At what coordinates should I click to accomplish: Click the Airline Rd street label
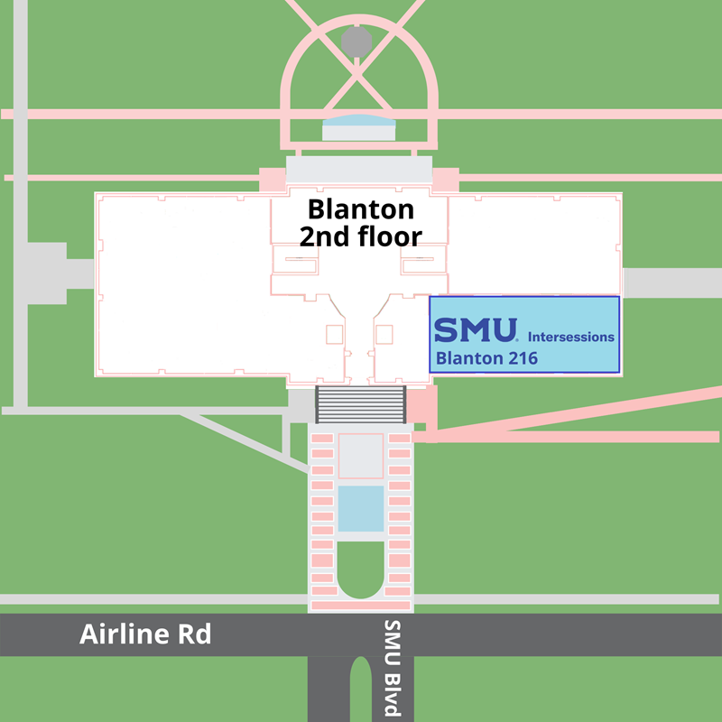[145, 634]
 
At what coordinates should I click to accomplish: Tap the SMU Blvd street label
[391, 668]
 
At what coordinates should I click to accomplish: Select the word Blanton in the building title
[361, 209]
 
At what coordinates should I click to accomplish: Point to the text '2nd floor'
[361, 236]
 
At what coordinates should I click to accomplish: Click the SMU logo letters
[476, 329]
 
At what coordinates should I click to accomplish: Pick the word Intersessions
[570, 337]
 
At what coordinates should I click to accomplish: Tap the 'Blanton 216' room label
[486, 358]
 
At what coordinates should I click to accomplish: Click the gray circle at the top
[356, 41]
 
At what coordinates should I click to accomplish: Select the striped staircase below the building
[360, 403]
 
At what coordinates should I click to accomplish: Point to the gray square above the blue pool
[360, 456]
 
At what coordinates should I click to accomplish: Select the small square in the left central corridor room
[334, 334]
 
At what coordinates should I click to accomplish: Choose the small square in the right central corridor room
[384, 334]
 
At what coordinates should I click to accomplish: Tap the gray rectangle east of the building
[671, 282]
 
